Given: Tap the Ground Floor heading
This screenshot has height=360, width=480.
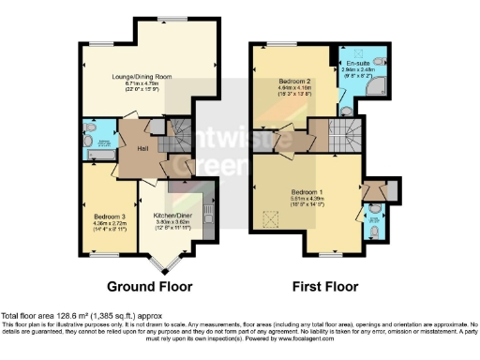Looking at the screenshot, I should (x=150, y=286).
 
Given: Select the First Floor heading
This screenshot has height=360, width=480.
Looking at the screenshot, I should (x=321, y=286).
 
